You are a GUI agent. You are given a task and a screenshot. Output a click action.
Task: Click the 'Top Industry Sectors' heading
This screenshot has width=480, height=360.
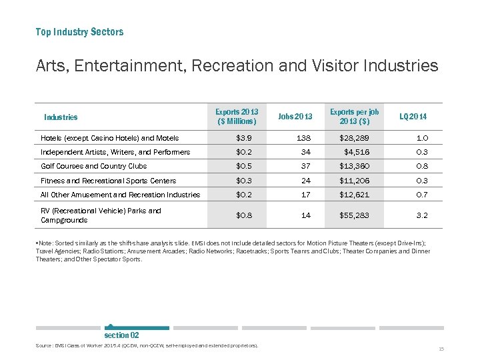79,32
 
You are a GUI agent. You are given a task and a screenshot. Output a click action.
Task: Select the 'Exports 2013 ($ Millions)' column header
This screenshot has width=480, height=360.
237,116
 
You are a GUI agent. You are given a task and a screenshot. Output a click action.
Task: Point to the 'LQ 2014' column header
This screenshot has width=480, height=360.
413,117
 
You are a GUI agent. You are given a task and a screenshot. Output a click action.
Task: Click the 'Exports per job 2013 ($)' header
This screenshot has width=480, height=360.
355,116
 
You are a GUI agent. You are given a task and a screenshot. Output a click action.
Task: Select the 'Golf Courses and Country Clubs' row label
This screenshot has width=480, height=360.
94,166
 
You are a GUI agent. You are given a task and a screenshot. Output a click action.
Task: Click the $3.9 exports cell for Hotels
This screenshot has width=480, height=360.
244,138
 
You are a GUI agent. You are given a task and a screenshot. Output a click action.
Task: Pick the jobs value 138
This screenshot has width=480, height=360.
304,138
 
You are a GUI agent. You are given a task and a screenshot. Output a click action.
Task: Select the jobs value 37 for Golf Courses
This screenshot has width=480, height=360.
306,166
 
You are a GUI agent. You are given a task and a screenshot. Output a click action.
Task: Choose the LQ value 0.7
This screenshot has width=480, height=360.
421,195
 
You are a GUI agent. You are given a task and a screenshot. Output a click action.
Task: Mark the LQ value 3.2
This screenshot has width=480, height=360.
421,215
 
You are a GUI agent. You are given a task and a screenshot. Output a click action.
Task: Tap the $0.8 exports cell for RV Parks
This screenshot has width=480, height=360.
244,215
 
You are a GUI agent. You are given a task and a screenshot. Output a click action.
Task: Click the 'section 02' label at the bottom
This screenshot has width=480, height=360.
121,335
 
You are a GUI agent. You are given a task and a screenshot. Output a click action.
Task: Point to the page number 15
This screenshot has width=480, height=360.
441,349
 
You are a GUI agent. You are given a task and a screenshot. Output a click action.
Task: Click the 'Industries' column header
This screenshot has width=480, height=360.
61,117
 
